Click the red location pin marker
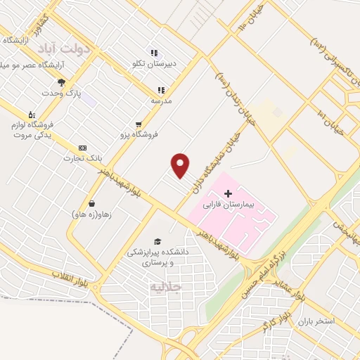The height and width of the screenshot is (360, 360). click(181, 165)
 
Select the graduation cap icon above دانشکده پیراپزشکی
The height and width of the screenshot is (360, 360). click(157, 241)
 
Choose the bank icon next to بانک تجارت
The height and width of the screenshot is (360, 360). click(83, 148)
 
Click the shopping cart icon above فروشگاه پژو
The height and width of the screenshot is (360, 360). click(127, 124)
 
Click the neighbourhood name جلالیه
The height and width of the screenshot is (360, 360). click(166, 287)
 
